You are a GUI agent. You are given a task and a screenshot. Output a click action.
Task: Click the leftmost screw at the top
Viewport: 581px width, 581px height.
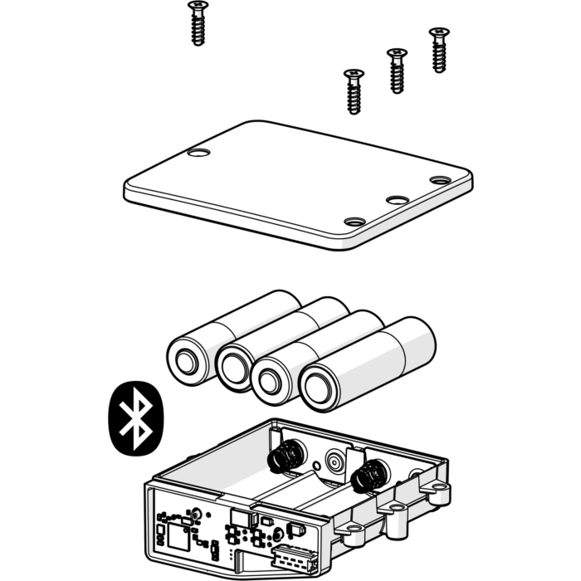click(x=198, y=23)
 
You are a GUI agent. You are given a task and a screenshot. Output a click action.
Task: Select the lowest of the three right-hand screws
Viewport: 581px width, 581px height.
click(x=354, y=91)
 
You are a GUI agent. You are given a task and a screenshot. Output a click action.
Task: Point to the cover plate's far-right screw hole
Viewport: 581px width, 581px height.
click(x=440, y=180)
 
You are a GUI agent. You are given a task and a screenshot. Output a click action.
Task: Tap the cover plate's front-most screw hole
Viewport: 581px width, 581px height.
click(x=354, y=222)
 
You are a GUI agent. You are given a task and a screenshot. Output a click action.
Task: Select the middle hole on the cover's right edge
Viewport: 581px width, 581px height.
click(x=398, y=201)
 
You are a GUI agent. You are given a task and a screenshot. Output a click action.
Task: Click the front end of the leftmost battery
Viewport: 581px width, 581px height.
click(x=184, y=362)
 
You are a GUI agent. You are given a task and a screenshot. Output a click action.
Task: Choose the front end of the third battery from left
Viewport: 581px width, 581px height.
click(x=270, y=381)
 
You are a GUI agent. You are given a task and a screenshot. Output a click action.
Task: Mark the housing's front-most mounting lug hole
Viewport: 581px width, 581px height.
click(x=353, y=528)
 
